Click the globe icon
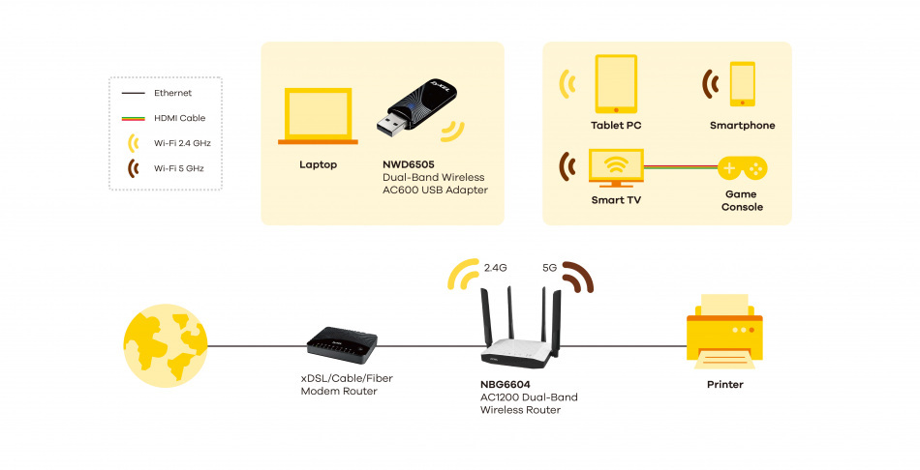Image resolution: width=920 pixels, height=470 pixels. [x=166, y=343]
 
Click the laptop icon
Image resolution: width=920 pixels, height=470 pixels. [x=318, y=117]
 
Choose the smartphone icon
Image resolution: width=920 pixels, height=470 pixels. [x=743, y=83]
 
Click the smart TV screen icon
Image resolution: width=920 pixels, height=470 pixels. [x=616, y=166]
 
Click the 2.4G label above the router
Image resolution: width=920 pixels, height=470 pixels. [x=496, y=266]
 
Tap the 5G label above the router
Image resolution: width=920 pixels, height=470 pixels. [x=550, y=266]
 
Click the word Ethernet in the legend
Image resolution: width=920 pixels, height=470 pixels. [x=172, y=93]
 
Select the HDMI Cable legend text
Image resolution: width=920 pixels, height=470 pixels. [x=179, y=118]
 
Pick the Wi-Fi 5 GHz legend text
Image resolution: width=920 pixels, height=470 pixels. [x=179, y=168]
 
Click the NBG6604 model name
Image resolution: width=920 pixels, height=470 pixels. [x=504, y=384]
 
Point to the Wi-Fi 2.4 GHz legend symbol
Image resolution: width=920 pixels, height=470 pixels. [x=132, y=143]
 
